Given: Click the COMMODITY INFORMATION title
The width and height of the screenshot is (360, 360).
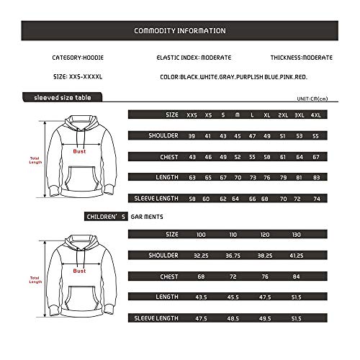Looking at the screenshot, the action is click(180, 31).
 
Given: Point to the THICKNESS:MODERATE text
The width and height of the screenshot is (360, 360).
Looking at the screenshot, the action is click(302, 56).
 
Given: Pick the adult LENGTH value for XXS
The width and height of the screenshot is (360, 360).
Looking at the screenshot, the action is click(192, 176).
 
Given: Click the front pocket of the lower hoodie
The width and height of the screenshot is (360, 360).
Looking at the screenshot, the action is click(79, 305).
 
